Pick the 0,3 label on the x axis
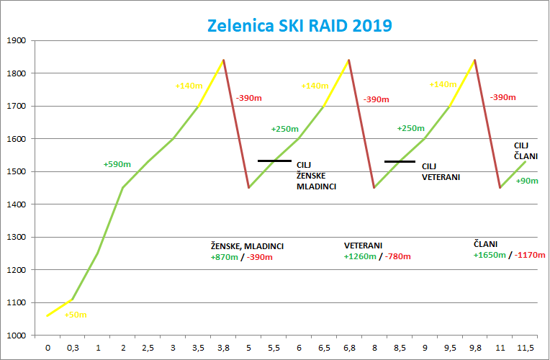tap(73, 348)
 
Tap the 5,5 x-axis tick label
tap(274, 348)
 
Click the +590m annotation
tap(117, 164)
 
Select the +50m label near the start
tap(76, 315)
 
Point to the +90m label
tap(527, 181)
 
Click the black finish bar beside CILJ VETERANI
tap(400, 161)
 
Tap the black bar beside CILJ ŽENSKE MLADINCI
tap(274, 161)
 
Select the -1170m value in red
tap(529, 255)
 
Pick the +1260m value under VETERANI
tap(362, 256)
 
